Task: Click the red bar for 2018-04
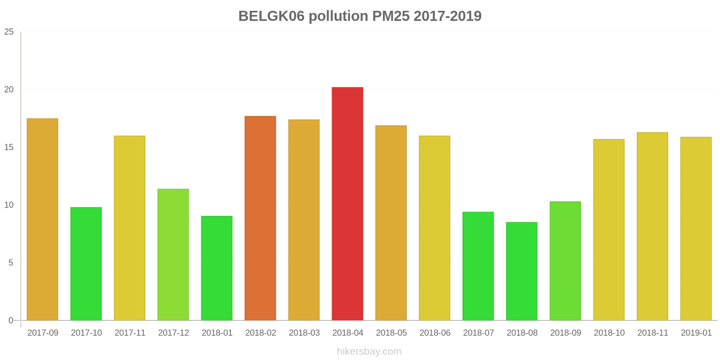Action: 347,203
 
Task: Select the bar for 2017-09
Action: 42,219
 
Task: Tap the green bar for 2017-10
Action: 86,264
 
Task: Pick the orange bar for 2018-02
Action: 260,218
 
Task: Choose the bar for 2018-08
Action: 522,271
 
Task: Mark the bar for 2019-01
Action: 696,229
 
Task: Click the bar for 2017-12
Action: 173,254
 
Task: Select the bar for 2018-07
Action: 478,266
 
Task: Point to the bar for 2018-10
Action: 609,229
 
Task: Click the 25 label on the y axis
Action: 9,32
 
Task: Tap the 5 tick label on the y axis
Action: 11,263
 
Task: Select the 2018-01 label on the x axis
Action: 217,333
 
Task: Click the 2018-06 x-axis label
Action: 435,333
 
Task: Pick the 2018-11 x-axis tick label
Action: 652,333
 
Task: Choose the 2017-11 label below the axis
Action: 130,333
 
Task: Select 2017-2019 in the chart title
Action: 447,16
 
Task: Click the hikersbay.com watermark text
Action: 369,351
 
